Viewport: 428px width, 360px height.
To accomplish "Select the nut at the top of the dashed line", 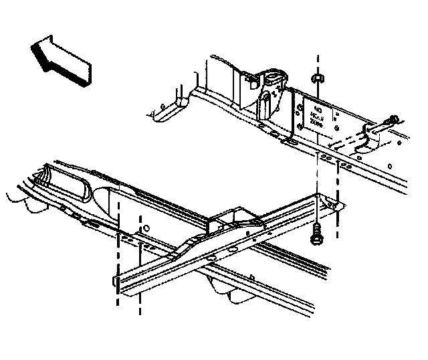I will pos(318,78).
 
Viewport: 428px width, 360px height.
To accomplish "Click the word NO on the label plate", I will pos(318,108).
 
